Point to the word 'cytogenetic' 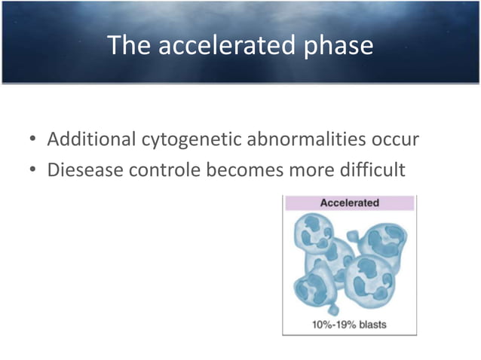188,141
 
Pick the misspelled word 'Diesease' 83,170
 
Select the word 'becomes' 240,170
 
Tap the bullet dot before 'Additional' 33,142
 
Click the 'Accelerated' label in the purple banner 349,203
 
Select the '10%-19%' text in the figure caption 329,325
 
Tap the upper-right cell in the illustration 382,243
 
